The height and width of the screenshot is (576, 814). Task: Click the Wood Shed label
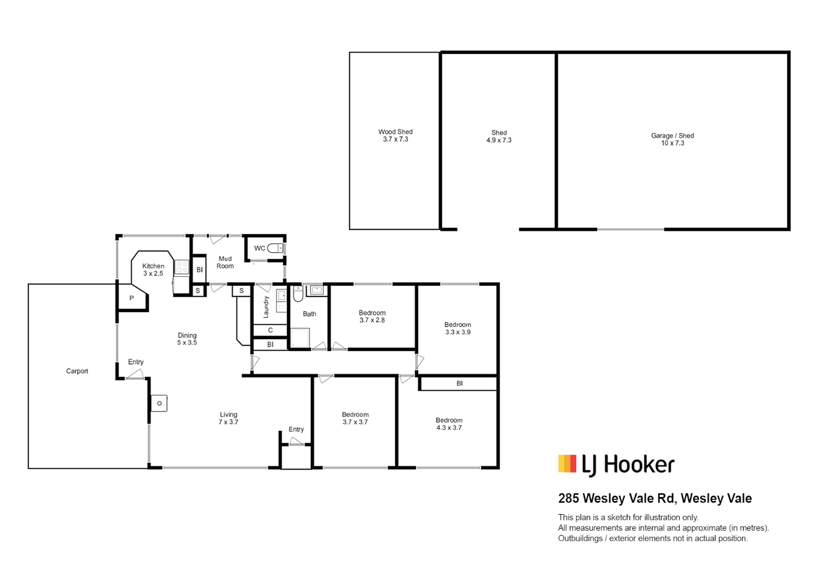pos(396,132)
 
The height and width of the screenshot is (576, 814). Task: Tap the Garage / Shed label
pos(672,135)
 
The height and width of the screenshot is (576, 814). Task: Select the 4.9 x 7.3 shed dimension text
pos(499,140)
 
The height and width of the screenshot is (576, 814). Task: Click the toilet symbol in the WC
pos(275,249)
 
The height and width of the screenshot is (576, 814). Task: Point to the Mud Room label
pos(225,262)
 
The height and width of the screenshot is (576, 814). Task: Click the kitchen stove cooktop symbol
pos(182,267)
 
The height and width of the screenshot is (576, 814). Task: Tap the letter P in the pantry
pos(132,298)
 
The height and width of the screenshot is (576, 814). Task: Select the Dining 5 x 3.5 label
pos(187,339)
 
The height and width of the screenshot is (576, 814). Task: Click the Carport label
pos(77,371)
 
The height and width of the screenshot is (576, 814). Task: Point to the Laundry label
pos(266,307)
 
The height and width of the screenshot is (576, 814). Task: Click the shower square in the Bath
pos(300,338)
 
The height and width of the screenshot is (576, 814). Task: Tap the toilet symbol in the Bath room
pos(298,294)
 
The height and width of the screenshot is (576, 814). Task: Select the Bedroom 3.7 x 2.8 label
pos(372,316)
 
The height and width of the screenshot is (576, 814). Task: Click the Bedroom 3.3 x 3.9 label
pos(458,329)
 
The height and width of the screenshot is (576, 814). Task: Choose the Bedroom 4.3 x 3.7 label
pos(449,424)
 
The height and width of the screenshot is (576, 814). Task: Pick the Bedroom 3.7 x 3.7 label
pos(355,418)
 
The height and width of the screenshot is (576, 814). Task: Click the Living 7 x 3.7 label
pos(228,418)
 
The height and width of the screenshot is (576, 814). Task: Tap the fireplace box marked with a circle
pos(159,403)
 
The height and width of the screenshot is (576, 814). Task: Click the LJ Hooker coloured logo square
pos(567,463)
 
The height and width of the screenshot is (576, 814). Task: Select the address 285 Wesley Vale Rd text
pos(617,498)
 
